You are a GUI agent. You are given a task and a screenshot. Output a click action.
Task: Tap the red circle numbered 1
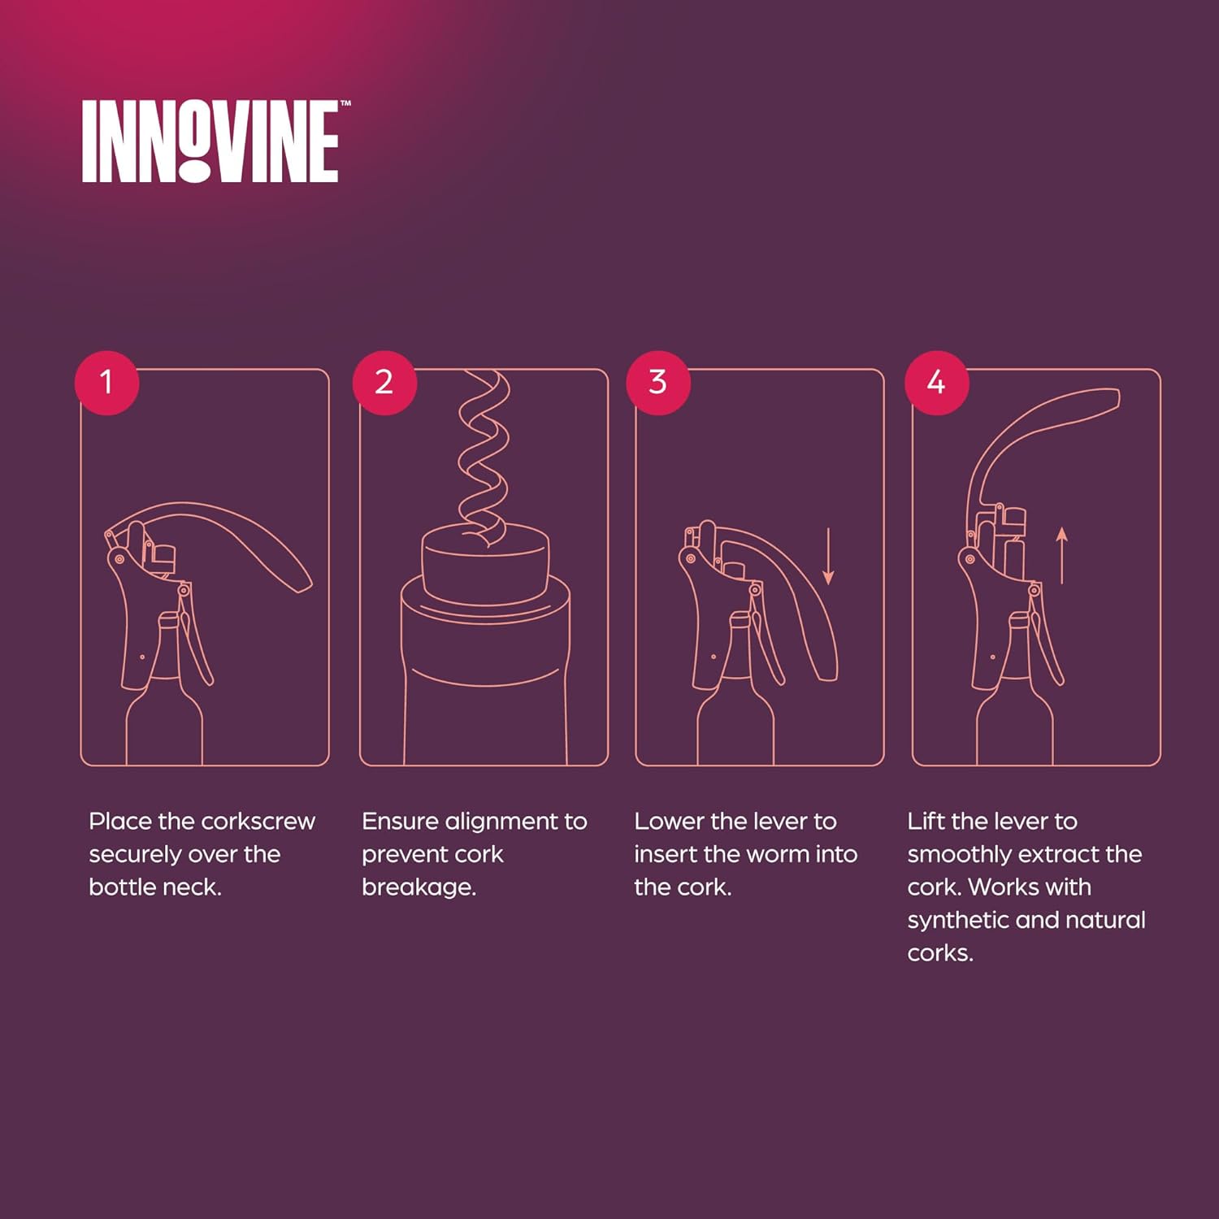click(x=106, y=382)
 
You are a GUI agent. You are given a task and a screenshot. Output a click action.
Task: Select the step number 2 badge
click(x=384, y=382)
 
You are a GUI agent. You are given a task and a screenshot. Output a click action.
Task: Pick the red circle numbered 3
click(x=658, y=382)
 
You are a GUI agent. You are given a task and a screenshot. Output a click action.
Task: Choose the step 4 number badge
click(x=936, y=382)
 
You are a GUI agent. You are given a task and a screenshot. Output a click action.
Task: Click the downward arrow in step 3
click(x=828, y=556)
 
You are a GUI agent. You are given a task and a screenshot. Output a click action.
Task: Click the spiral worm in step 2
click(x=484, y=455)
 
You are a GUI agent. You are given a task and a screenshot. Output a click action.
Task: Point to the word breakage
click(x=419, y=887)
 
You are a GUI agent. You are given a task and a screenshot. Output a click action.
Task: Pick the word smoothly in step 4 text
click(x=950, y=855)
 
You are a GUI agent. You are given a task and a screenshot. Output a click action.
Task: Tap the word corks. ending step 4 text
click(x=940, y=953)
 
